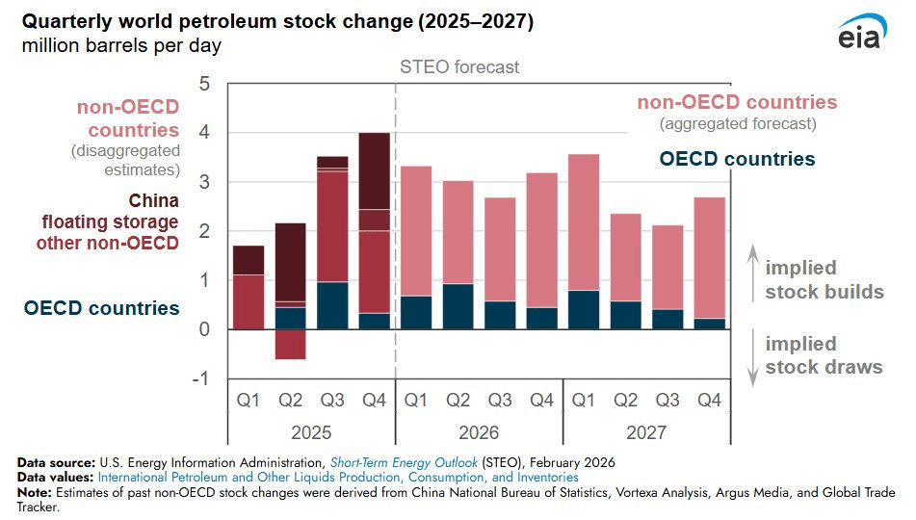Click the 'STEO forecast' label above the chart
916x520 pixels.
coord(459,67)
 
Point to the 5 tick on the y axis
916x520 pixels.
coord(203,84)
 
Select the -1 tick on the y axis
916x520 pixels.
coord(200,378)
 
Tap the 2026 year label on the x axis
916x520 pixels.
coord(479,433)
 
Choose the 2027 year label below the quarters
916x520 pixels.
coord(644,433)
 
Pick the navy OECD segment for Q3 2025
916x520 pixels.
coord(332,305)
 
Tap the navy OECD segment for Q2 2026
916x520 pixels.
coord(458,306)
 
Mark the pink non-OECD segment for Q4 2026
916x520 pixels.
coord(540,240)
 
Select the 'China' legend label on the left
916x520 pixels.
coord(154,201)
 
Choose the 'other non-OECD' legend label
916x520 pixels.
coord(108,243)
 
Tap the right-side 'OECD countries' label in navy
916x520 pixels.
coord(737,159)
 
